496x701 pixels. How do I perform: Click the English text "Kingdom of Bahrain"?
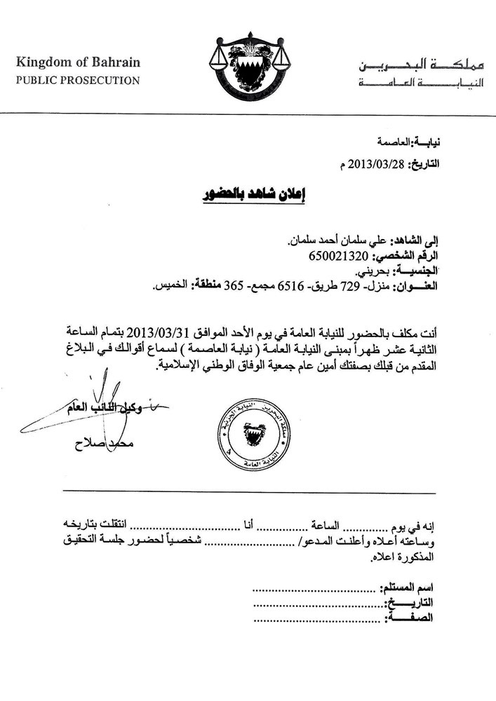point(79,62)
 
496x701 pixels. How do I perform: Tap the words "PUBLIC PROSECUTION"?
point(78,80)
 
